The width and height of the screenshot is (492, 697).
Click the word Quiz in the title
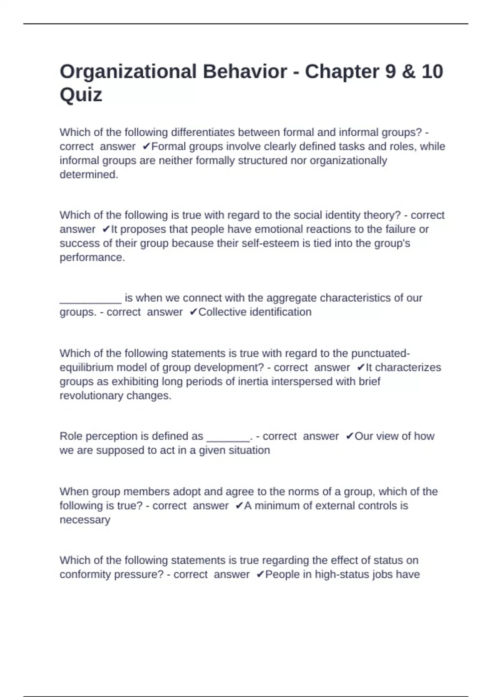[x=81, y=95]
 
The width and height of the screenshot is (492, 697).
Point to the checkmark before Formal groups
[x=146, y=146]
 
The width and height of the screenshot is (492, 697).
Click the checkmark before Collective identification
[x=194, y=312]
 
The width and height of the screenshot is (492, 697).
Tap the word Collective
[x=222, y=312]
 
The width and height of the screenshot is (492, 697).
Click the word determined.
[x=89, y=175]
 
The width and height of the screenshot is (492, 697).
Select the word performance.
[x=92, y=257]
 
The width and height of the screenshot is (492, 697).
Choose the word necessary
[x=85, y=520]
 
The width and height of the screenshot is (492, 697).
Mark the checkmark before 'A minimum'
[x=239, y=506]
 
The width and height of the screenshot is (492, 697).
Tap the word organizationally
[x=348, y=160]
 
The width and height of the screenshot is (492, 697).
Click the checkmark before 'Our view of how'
[x=349, y=436]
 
